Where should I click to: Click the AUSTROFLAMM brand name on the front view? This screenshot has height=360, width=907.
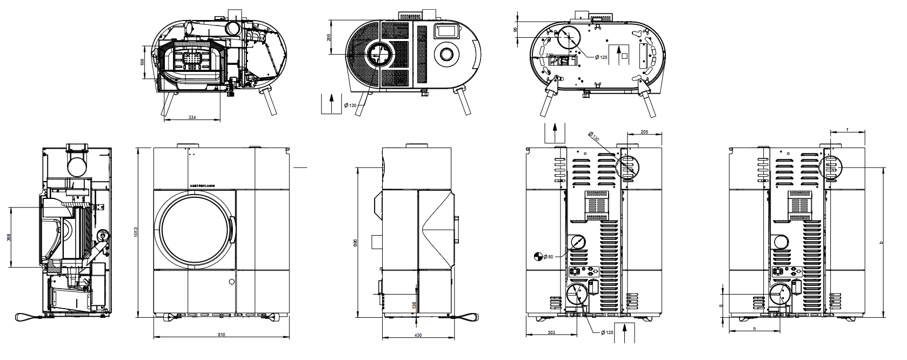[203, 185]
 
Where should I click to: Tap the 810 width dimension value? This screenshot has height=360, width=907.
[221, 335]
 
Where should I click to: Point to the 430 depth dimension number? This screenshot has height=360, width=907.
[418, 335]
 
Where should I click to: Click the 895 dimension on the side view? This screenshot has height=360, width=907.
[355, 243]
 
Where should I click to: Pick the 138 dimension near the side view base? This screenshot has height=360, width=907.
[414, 305]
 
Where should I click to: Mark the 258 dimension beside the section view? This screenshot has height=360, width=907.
[8, 237]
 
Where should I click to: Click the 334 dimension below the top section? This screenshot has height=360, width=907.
[192, 117]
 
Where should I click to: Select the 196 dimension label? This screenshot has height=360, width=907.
[142, 63]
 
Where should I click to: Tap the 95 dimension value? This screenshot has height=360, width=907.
[515, 30]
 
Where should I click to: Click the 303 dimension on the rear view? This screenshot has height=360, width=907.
[551, 332]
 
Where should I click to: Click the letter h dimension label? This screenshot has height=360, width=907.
[754, 329]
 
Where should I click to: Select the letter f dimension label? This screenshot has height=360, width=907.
[847, 130]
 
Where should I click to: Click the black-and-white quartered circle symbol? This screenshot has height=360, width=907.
[537, 256]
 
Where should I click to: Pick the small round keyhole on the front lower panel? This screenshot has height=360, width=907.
[232, 282]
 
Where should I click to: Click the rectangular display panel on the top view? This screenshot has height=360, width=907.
[445, 31]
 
